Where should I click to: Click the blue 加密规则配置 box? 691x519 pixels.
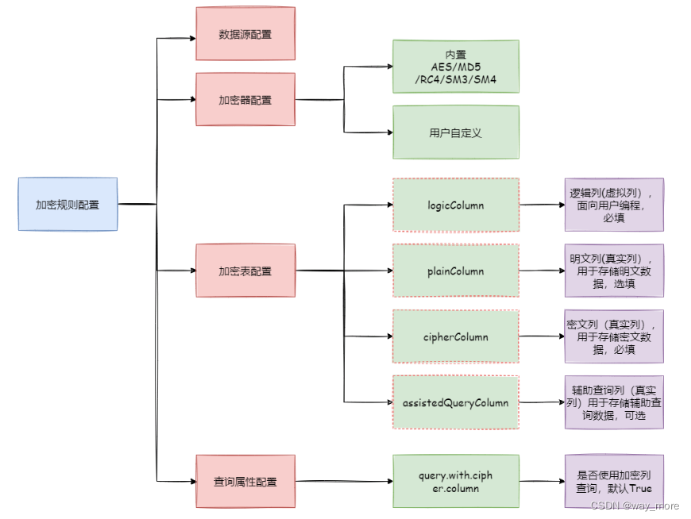pos(68,205)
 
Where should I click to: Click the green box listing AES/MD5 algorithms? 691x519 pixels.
pos(455,67)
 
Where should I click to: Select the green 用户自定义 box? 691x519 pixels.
pos(455,133)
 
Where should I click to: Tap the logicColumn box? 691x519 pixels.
pos(455,205)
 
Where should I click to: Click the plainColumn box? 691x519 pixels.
pos(455,271)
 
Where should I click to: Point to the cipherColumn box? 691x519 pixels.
pos(455,336)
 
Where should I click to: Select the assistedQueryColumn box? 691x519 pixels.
pos(455,402)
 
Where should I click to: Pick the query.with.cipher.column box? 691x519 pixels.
pos(455,482)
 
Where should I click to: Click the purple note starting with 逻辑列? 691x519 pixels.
pos(613,205)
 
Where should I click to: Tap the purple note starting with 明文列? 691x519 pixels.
pos(613,271)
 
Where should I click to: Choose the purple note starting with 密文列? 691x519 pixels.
pos(613,336)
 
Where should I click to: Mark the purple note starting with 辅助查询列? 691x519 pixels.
pos(613,402)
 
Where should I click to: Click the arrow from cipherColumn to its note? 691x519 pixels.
pos(542,336)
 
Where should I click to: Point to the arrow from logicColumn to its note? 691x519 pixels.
pos(542,205)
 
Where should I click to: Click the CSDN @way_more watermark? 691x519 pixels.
pos(635,506)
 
